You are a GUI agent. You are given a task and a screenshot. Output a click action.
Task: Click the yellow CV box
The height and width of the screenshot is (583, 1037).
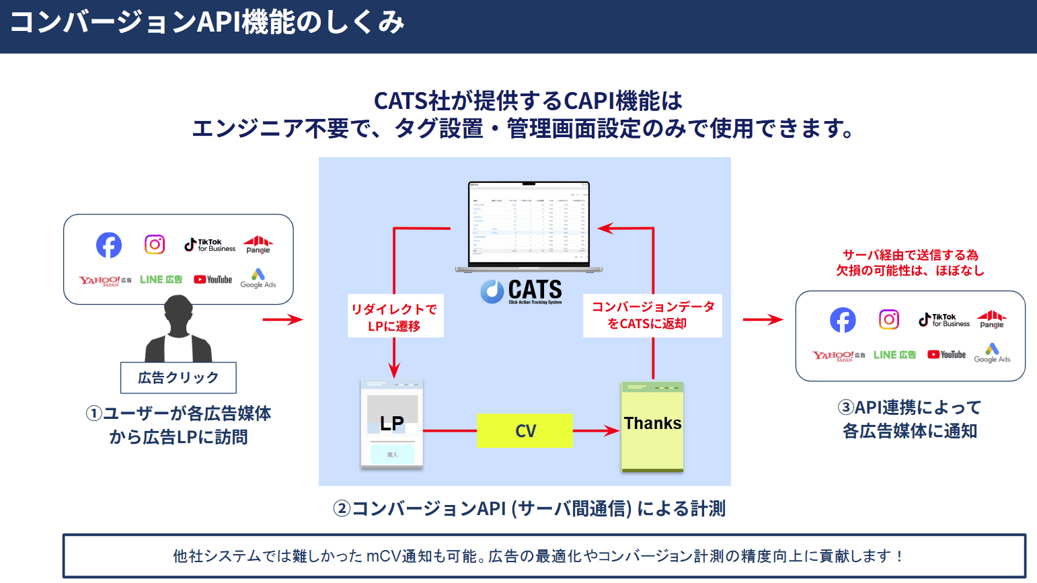[525, 431]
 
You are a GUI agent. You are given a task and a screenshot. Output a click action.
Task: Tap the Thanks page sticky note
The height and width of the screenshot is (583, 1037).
[652, 426]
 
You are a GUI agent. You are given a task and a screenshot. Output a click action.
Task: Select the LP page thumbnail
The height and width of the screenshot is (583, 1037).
[392, 424]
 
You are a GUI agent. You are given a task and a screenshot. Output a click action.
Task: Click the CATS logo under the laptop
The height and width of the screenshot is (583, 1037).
[522, 292]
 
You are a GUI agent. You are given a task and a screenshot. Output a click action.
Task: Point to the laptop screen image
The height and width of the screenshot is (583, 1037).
[529, 224]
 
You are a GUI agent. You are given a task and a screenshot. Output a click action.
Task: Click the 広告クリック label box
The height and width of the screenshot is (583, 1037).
[178, 378]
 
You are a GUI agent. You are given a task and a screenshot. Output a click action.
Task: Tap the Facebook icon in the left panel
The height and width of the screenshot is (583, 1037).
[109, 245]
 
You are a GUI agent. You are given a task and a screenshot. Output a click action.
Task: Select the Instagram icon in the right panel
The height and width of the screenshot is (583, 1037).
[889, 319]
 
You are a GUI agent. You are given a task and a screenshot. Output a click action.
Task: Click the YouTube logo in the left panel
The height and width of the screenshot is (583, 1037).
[213, 280]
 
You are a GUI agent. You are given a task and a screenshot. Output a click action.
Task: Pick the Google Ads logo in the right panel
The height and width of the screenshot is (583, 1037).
[992, 353]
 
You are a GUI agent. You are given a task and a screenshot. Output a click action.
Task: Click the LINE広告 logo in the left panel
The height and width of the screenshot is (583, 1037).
[161, 280]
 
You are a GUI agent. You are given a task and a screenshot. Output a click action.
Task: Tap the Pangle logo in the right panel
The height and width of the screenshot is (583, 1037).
[992, 319]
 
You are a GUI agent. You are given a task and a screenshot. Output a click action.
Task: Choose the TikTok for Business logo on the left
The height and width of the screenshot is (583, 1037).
[210, 245]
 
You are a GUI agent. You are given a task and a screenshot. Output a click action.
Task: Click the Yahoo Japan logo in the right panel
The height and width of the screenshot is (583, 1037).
[838, 356]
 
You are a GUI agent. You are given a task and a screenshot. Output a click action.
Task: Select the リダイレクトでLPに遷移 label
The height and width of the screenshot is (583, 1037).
[395, 317]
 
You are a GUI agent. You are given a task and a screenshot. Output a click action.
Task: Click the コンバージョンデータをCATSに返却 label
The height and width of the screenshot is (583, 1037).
[652, 315]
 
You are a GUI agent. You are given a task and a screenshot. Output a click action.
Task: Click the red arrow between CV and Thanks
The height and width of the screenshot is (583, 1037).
[596, 431]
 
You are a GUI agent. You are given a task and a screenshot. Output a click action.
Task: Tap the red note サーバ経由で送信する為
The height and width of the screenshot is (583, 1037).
[910, 256]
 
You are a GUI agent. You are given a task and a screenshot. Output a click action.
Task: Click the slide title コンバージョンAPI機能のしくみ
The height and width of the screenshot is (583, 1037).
[206, 23]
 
